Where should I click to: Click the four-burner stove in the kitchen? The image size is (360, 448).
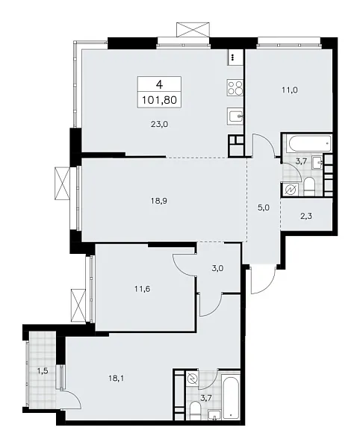tap(234, 88)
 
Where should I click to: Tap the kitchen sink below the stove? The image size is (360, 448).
tap(234, 116)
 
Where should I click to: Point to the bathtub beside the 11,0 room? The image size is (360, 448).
tap(305, 142)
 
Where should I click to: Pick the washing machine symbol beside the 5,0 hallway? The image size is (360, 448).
tap(289, 190)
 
